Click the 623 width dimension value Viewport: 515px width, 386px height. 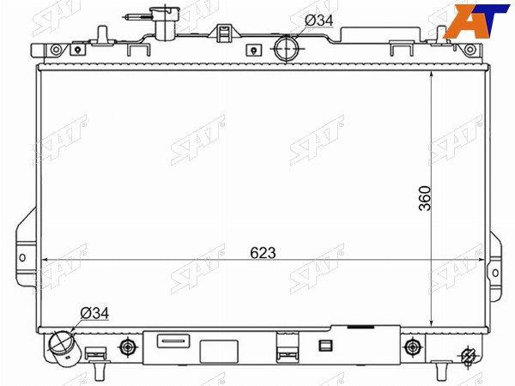coord(263,253)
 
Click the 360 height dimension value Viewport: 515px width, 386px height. coord(425,198)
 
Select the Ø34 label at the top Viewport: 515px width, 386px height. coord(319,21)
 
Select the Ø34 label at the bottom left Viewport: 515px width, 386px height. coord(94,313)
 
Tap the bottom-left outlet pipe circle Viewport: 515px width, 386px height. coord(62,342)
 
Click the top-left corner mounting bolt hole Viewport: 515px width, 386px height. coord(56,50)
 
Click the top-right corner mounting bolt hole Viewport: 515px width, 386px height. coord(470,50)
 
